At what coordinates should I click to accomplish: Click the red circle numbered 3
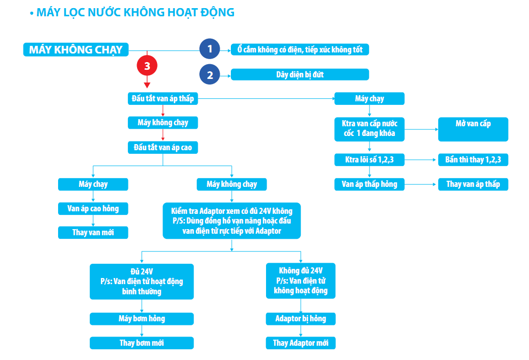(147, 65)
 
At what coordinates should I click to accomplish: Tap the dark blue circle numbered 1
(209, 49)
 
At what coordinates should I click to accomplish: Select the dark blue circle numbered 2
(209, 74)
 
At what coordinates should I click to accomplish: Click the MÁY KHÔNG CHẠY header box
(76, 49)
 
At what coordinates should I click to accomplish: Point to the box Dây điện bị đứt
(300, 74)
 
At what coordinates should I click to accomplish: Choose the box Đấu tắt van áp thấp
(163, 99)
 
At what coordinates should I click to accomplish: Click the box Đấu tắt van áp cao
(163, 148)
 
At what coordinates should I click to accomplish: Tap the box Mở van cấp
(473, 129)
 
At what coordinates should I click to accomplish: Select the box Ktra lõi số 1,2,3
(369, 160)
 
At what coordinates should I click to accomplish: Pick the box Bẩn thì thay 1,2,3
(473, 160)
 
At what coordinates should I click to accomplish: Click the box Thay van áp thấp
(473, 184)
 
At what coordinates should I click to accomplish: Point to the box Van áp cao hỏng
(93, 209)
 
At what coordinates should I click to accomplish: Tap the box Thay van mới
(93, 233)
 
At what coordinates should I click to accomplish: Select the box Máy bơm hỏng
(142, 319)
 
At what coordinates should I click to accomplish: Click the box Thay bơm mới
(142, 343)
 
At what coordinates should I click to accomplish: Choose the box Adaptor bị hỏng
(301, 319)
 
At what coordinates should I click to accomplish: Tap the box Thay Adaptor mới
(301, 343)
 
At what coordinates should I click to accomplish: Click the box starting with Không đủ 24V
(301, 281)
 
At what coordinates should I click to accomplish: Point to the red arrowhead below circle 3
(147, 85)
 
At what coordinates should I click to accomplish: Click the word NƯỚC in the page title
(104, 12)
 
